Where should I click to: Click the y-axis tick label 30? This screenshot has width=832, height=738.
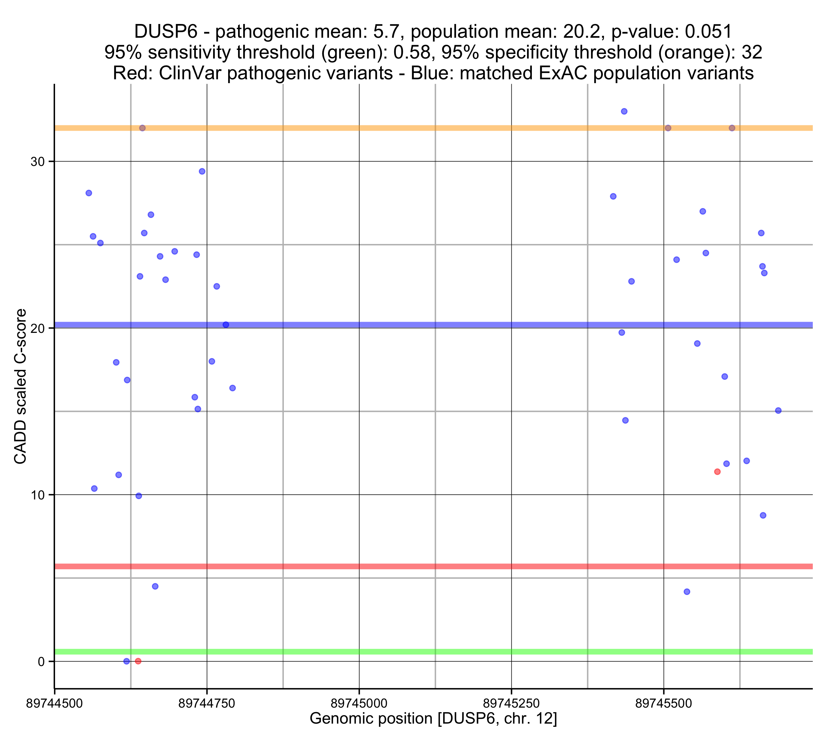click(x=37, y=162)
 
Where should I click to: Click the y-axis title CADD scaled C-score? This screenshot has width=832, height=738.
click(x=20, y=387)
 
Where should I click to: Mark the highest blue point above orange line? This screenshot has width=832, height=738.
click(x=624, y=112)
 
